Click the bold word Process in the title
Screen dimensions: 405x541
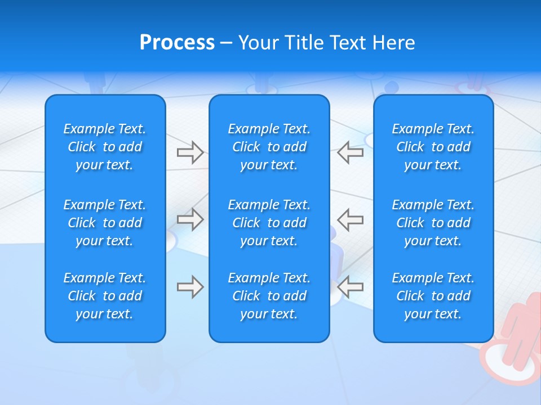point(177,43)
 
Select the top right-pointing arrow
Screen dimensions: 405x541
point(190,152)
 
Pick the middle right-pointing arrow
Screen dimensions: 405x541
point(190,219)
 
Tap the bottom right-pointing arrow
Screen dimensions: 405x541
point(190,287)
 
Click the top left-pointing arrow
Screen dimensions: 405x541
point(350,152)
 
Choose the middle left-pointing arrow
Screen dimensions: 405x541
point(350,219)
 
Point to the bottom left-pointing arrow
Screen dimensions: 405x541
point(350,287)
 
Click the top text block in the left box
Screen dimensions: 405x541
point(105,147)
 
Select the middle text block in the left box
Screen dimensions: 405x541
point(105,223)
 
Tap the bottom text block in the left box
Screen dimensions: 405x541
point(105,296)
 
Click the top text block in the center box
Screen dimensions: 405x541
point(269,147)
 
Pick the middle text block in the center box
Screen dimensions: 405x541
point(269,223)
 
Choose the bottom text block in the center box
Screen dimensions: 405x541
point(269,296)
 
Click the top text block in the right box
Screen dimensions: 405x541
point(433,147)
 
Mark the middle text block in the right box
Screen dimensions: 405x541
point(433,223)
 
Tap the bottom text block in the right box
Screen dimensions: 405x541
point(433,296)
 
